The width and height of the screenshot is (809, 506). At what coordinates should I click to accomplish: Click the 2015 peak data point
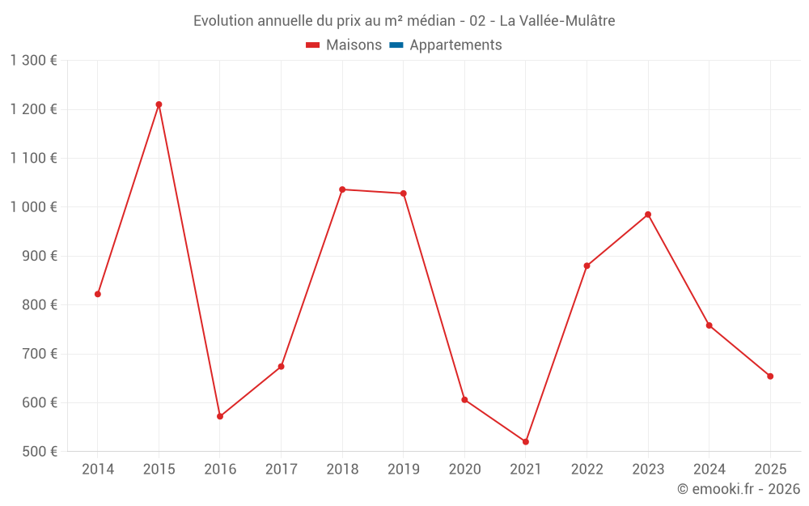point(159,104)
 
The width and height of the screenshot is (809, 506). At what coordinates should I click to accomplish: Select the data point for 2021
point(526,442)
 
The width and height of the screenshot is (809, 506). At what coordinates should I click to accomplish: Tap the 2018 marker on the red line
point(342,189)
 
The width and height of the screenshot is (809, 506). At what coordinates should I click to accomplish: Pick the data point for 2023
point(648,215)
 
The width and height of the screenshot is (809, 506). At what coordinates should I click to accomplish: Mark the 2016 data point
point(220,416)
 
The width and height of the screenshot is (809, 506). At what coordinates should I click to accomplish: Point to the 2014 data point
point(98,294)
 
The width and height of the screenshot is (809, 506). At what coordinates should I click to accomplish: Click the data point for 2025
point(770,376)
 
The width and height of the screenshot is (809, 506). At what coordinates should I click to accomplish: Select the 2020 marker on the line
point(464,400)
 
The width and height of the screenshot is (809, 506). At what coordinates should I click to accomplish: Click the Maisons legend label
point(354,45)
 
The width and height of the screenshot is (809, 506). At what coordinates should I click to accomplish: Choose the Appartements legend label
point(455,45)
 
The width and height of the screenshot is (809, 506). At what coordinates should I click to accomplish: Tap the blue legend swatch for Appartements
point(396,45)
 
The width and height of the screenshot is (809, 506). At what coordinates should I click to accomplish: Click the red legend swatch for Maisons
point(313,45)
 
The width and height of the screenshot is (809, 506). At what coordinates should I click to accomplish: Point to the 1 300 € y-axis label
point(33,61)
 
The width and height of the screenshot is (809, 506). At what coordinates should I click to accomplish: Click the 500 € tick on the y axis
point(39,452)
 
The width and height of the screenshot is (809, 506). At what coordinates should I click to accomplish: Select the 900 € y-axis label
point(39,256)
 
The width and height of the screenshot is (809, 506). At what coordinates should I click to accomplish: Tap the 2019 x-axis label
point(404,470)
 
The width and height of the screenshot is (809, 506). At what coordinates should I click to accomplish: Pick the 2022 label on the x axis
point(587,470)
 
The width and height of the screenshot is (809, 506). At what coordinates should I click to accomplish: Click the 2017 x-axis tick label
point(281,470)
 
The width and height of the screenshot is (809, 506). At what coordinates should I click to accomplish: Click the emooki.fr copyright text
point(739,489)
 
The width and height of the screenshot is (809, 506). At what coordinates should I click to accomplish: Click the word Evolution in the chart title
point(222,21)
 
